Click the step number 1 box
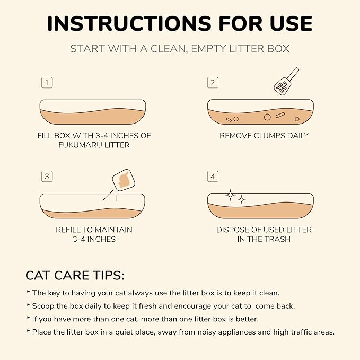47,83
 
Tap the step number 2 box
213,83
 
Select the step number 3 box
47,177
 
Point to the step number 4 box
213,177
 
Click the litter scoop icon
286,82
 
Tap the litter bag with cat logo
124,180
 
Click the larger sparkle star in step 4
230,195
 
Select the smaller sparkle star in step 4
242,199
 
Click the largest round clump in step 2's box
267,117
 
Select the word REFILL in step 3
68,230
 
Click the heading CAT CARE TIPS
75,275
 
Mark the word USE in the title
291,23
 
